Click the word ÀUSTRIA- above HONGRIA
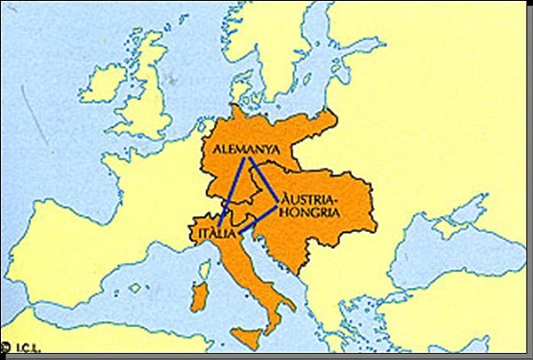308,198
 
